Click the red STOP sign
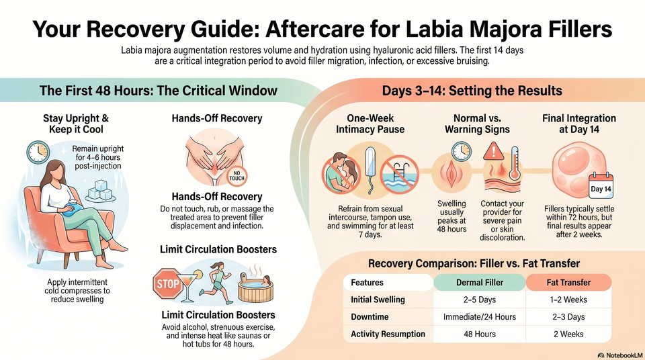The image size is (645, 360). (x=167, y=283)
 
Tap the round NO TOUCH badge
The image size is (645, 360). (x=237, y=176)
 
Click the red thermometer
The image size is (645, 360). (x=514, y=163)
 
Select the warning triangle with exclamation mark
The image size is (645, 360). (x=493, y=151)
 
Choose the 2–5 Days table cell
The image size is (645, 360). (x=480, y=300)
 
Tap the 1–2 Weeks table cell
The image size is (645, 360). (x=568, y=300)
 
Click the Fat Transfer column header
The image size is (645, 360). (x=568, y=282)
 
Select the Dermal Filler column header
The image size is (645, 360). (x=480, y=282)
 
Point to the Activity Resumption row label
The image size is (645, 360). (x=388, y=334)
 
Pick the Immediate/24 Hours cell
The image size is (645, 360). (x=480, y=317)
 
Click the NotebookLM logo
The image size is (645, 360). (x=620, y=355)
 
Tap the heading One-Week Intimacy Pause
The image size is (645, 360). (x=370, y=124)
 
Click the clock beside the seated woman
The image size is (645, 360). (x=38, y=152)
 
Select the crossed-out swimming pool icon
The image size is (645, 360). (x=399, y=174)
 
